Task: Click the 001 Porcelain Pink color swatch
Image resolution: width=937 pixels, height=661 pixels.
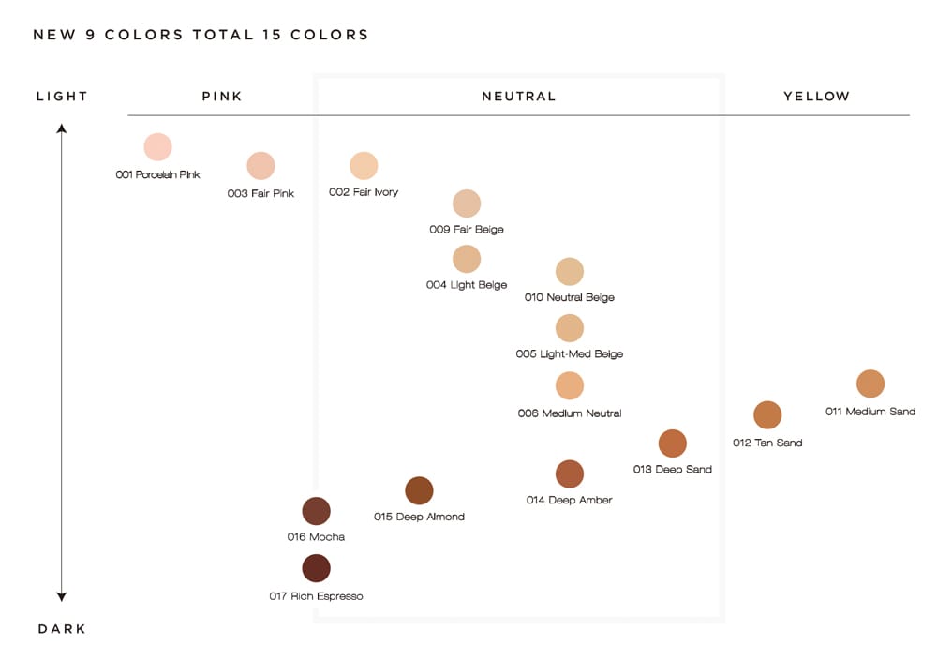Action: (x=157, y=147)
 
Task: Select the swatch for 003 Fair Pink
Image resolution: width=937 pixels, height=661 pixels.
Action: (x=260, y=166)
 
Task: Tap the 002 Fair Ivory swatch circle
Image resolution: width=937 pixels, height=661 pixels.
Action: (x=364, y=166)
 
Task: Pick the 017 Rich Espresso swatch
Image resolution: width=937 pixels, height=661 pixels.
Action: (x=316, y=568)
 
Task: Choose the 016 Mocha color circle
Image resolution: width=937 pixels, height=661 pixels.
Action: (x=316, y=511)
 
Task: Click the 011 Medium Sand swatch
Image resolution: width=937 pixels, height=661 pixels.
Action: (x=870, y=383)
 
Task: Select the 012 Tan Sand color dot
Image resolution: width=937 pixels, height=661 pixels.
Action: (x=767, y=414)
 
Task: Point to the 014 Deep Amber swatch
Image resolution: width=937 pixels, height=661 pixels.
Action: (x=570, y=473)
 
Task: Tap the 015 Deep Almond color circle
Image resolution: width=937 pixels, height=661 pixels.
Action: (x=419, y=490)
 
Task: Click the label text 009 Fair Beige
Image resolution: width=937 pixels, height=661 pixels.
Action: (x=467, y=230)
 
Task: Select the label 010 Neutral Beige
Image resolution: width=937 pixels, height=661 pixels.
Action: (x=570, y=298)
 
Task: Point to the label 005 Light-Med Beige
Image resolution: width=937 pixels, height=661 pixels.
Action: (x=570, y=354)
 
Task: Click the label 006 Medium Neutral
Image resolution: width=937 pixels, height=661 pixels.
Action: (x=570, y=413)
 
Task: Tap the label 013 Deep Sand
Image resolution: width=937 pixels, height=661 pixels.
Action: (x=673, y=470)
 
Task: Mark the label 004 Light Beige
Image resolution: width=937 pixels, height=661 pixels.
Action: (x=467, y=285)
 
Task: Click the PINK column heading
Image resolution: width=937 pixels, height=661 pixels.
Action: (x=222, y=97)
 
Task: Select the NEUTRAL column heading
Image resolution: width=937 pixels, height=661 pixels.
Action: (x=518, y=97)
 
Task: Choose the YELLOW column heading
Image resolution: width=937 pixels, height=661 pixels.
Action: (x=816, y=97)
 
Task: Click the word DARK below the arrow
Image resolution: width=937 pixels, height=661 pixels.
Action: (x=62, y=629)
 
